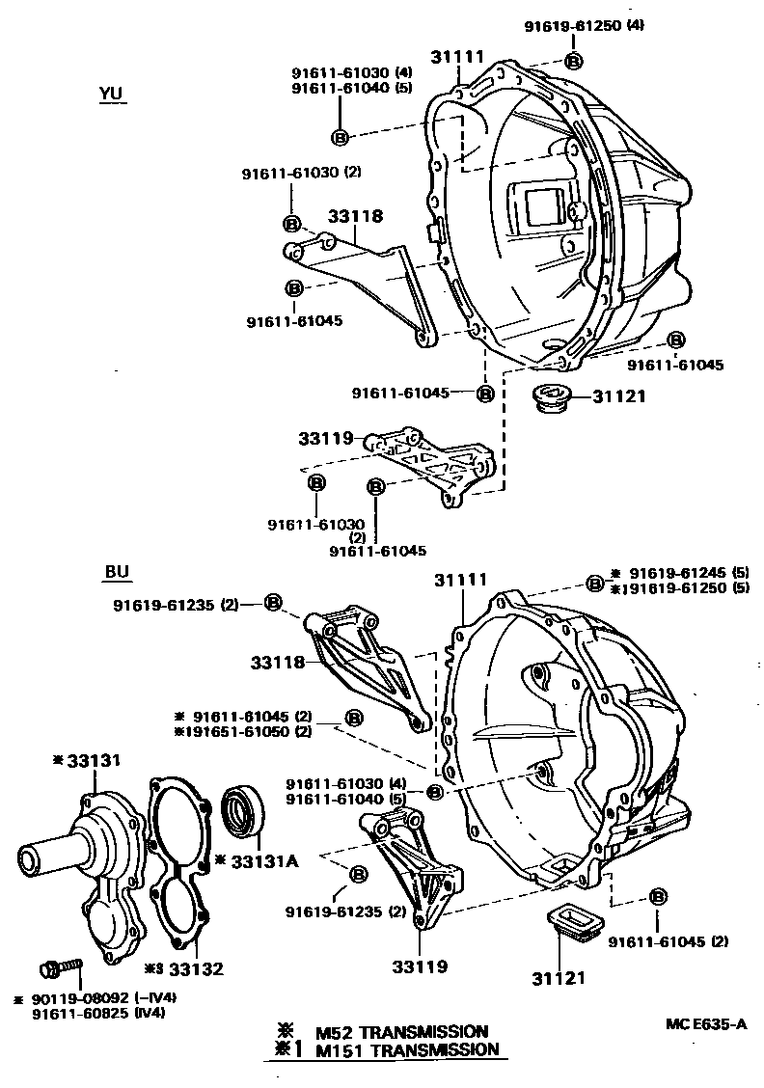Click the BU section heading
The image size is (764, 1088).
tap(116, 572)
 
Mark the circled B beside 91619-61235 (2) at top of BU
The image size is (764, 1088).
tap(273, 603)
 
